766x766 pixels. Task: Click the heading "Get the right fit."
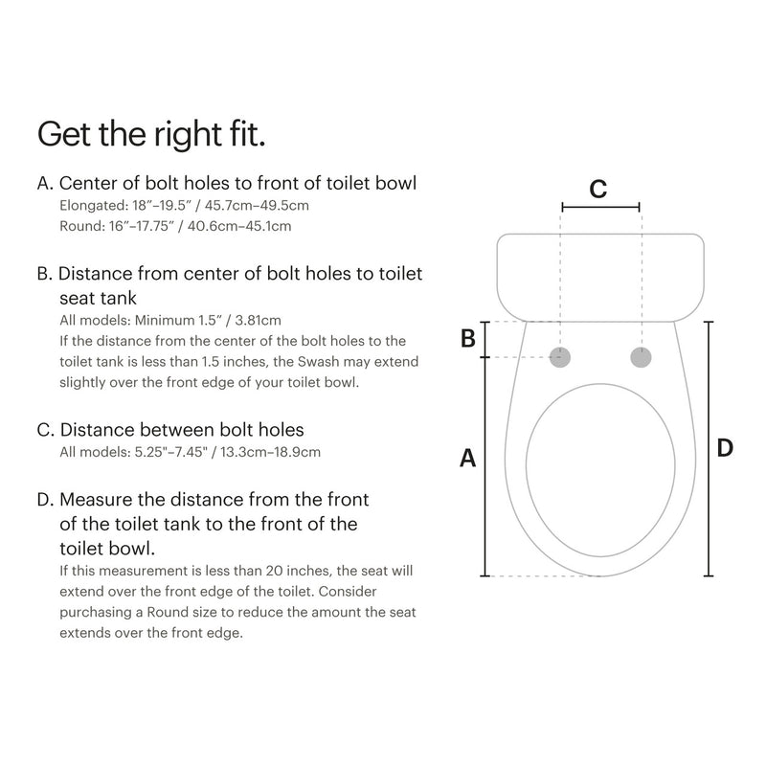[x=151, y=133]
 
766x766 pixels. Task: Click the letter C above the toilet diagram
[x=597, y=189]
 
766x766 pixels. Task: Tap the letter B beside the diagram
[x=468, y=338]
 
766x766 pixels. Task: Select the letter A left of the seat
[x=468, y=459]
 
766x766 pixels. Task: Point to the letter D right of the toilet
[x=725, y=447]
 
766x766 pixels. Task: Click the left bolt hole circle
[x=562, y=357]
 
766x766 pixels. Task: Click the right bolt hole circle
[x=640, y=357]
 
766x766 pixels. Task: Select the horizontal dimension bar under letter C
[x=600, y=207]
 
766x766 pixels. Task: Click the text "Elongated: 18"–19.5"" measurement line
[x=122, y=206]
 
